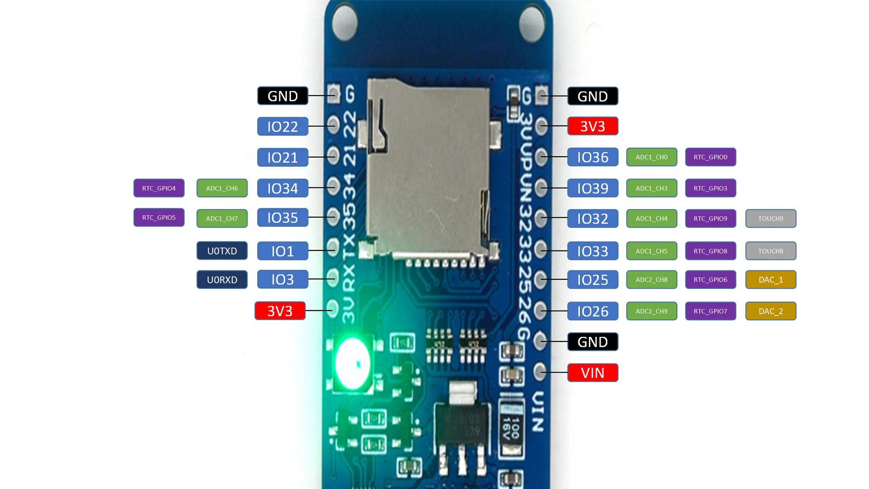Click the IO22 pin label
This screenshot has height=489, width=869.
(282, 126)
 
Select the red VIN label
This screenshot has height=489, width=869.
(592, 373)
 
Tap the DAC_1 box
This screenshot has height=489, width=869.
(770, 280)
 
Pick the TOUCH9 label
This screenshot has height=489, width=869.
(770, 219)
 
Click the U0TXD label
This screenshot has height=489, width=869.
(222, 251)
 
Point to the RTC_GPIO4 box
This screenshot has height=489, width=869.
(159, 188)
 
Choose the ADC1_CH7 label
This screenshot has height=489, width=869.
(222, 219)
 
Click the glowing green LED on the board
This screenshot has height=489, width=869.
(353, 364)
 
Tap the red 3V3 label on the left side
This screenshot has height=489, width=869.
(280, 311)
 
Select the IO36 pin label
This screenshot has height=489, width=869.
(592, 157)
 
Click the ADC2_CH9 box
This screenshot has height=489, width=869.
(651, 311)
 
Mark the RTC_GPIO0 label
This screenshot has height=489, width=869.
(710, 157)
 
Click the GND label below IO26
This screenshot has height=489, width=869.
(592, 342)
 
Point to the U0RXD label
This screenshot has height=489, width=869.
(222, 280)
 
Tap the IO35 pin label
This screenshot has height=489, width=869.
(282, 218)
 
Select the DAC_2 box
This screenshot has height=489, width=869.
(770, 311)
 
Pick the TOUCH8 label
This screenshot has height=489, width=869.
(770, 251)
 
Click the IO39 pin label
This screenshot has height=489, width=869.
(592, 188)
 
